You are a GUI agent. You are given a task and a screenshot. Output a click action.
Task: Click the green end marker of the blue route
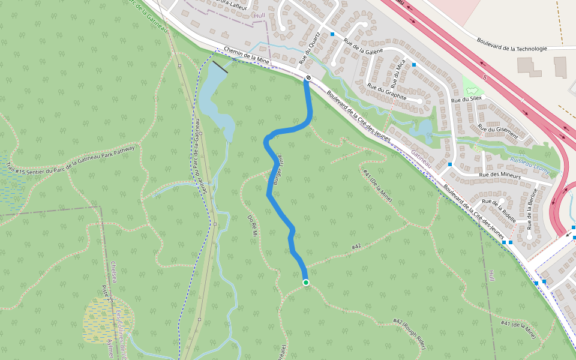306,283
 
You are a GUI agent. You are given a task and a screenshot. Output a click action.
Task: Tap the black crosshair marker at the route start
308,78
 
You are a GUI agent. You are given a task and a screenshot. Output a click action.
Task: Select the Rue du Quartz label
310,48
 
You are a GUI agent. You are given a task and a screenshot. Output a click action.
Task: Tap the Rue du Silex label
466,99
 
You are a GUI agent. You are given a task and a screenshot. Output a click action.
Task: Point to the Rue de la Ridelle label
499,209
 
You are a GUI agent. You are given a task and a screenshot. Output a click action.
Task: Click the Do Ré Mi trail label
252,225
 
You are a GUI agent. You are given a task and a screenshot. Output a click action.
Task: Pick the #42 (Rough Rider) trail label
409,334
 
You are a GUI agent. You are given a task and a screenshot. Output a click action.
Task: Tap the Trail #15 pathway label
72,157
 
